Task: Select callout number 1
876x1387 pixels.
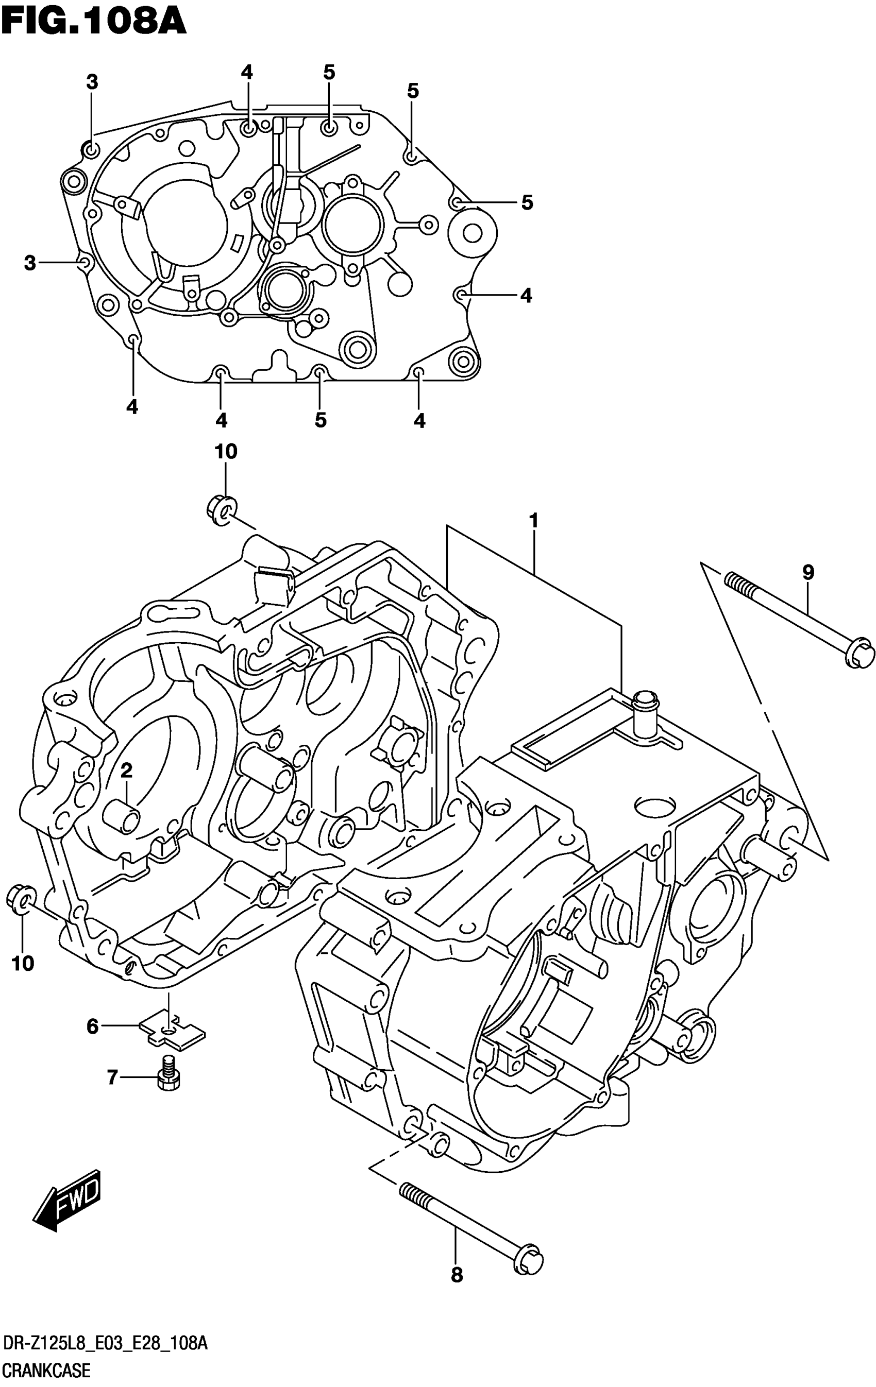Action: pyautogui.click(x=534, y=521)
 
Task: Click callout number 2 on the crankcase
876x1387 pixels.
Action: pyautogui.click(x=126, y=770)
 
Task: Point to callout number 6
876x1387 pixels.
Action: pyautogui.click(x=93, y=1026)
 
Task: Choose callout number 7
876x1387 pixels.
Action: pyautogui.click(x=112, y=1076)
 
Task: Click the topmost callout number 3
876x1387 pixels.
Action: pyautogui.click(x=92, y=82)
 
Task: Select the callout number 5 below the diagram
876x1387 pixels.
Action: pyautogui.click(x=321, y=420)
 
